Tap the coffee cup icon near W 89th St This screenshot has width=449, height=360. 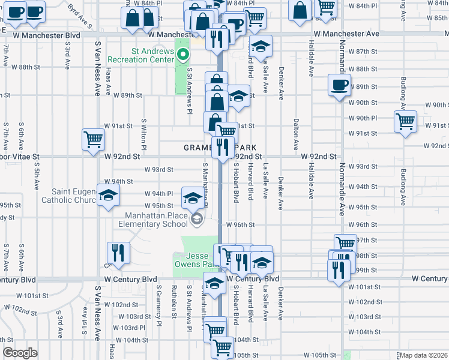coord(340,85)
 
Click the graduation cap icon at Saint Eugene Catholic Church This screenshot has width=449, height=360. coord(109,195)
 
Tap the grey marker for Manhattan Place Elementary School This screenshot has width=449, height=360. coord(196,220)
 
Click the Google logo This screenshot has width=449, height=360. coord(19,353)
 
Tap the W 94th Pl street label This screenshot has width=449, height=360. coord(159,194)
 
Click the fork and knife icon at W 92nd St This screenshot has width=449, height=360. coord(223,146)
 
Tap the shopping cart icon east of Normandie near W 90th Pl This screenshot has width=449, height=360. coord(406,121)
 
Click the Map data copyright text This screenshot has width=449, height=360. coord(424,355)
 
